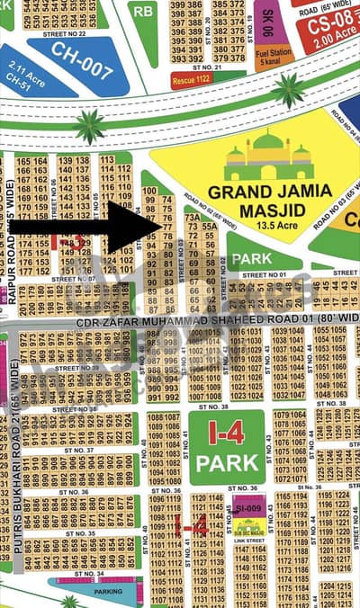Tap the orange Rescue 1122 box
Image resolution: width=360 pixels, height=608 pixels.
coord(192,79)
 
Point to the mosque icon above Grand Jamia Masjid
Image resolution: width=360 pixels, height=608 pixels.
coord(269,156)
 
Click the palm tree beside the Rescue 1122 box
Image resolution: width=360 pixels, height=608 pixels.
coord(288,89)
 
